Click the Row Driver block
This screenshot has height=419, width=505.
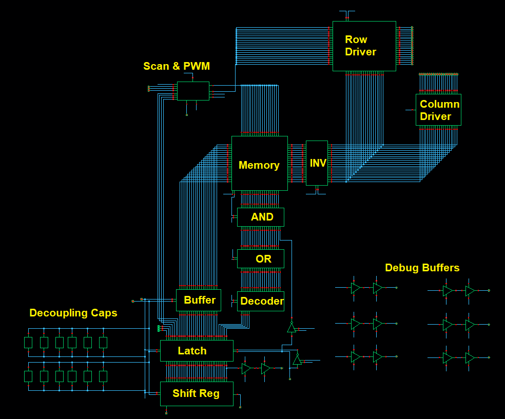pyautogui.click(x=364, y=46)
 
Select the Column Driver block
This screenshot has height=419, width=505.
pyautogui.click(x=438, y=110)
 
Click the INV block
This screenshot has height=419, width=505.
pyautogui.click(x=317, y=163)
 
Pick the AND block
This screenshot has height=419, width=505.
pyautogui.click(x=260, y=217)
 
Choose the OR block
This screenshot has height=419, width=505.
pyautogui.click(x=260, y=259)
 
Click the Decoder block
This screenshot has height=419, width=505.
pyautogui.click(x=260, y=301)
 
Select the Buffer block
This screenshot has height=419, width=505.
pyautogui.click(x=198, y=300)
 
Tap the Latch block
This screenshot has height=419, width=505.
pyautogui.click(x=197, y=351)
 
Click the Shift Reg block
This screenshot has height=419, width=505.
pyautogui.click(x=197, y=393)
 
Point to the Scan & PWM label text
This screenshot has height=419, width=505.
pyautogui.click(x=176, y=66)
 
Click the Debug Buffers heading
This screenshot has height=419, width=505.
pyautogui.click(x=422, y=268)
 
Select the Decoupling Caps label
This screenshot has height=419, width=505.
pyautogui.click(x=73, y=313)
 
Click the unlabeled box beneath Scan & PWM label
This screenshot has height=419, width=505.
pyautogui.click(x=193, y=91)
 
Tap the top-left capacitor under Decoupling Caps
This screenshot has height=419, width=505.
pyautogui.click(x=28, y=343)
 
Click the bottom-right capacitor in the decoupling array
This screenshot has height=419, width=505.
pyautogui.click(x=103, y=376)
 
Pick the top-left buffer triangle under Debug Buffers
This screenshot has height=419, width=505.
pyautogui.click(x=355, y=288)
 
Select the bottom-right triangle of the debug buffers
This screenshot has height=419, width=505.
pyautogui.click(x=470, y=358)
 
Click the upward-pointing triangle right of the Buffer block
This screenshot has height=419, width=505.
pyautogui.click(x=292, y=328)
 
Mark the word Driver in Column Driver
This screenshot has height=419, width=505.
pyautogui.click(x=435, y=116)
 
